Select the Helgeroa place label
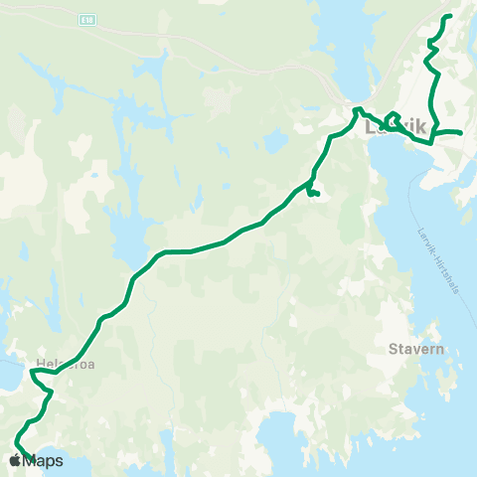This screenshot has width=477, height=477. point(59,364)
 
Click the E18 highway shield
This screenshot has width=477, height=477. point(90,19)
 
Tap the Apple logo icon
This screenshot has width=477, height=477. point(14,460)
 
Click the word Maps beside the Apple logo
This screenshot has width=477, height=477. point(43,461)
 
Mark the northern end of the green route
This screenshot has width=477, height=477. point(449,17)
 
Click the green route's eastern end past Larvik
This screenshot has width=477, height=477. point(462,133)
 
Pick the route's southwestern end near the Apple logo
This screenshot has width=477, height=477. point(16,440)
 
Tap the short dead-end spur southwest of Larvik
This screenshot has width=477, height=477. point(314,195)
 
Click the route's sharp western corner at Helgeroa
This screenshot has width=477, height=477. point(32,373)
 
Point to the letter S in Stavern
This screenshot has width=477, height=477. point(393,350)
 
